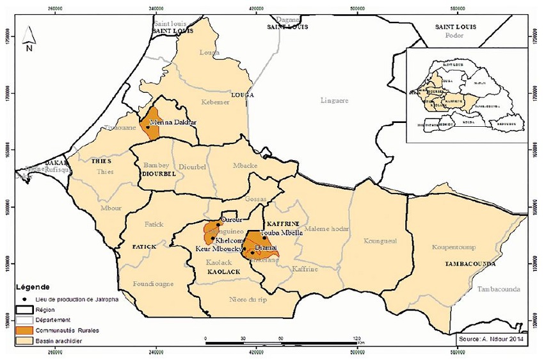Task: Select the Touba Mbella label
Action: point(282,234)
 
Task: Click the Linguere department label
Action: point(335,100)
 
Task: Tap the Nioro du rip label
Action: point(247,299)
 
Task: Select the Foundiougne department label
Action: point(153,282)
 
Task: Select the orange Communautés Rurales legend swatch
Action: point(26,330)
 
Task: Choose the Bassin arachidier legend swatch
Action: point(26,340)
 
